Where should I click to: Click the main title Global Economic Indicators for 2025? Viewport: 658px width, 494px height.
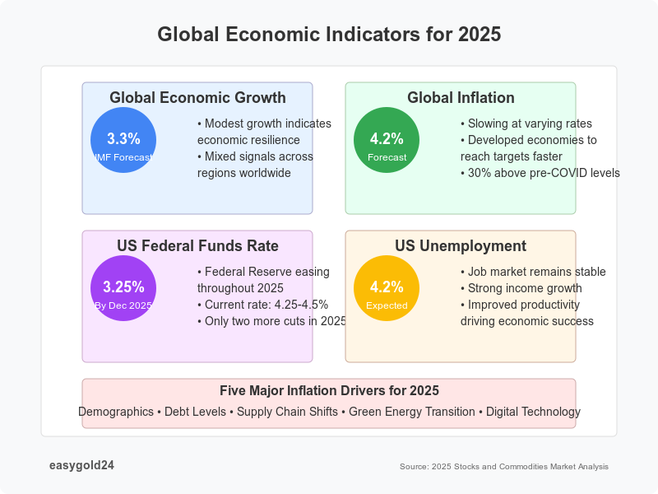point(329,35)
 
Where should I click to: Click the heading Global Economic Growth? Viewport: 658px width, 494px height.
point(197,98)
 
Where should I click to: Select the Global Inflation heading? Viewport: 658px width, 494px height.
point(461,98)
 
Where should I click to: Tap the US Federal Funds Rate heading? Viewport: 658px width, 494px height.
point(197,246)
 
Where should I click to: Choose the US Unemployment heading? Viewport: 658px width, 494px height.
point(461,246)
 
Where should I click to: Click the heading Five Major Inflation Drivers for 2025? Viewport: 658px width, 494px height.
point(329,390)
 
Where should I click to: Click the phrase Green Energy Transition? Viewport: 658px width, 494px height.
point(411,412)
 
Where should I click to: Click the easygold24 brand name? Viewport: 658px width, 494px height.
point(81,465)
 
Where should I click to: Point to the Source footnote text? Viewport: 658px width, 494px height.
point(504,466)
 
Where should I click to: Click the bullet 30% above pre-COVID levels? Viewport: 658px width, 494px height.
point(540,173)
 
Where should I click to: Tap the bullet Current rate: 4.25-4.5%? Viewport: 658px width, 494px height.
point(262,305)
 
